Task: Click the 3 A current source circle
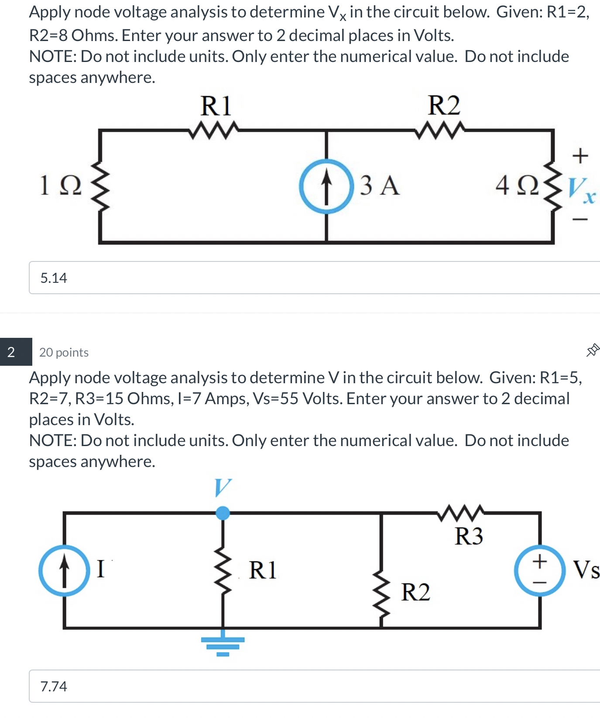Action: point(326,186)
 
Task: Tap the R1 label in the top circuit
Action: point(216,106)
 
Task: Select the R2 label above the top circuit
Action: point(444,106)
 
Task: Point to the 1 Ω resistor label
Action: point(60,186)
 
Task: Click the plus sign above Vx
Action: point(580,155)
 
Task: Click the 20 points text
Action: point(64,352)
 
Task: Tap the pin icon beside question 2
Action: point(592,350)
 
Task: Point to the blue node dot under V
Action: point(223,513)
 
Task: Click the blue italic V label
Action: point(223,488)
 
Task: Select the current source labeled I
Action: point(64,570)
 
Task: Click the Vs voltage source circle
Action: point(540,570)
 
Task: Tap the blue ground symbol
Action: point(223,645)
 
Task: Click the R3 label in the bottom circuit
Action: point(469,536)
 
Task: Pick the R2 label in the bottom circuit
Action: point(415,592)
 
